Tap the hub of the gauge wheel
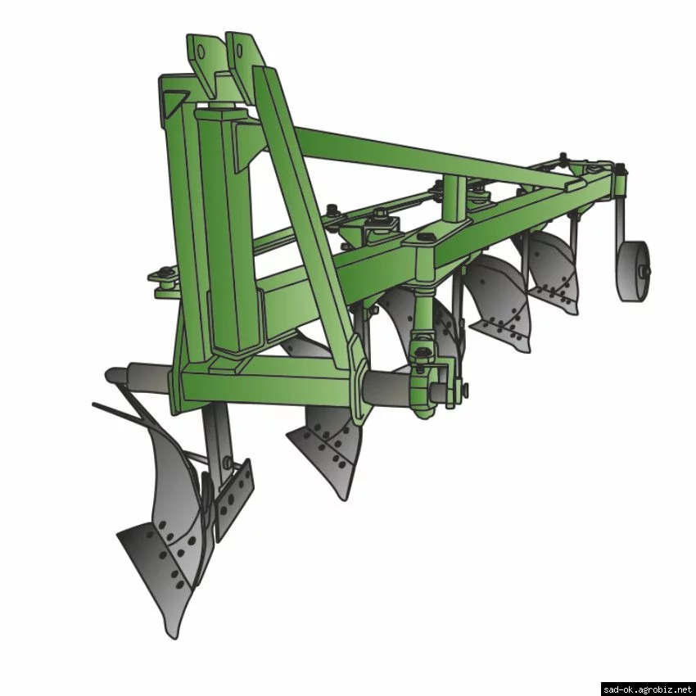point(644,270)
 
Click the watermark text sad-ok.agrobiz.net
point(648,689)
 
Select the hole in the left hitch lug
point(201,52)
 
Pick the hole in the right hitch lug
point(240,51)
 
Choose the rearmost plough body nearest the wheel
point(550,271)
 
